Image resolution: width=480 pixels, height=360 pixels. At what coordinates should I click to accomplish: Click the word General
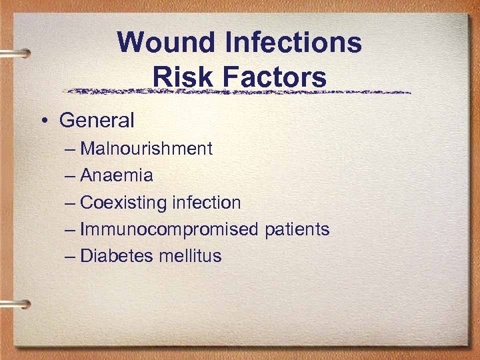coord(97,121)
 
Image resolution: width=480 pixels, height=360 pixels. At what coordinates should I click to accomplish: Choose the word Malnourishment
coord(146,149)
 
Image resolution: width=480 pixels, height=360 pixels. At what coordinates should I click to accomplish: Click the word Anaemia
coord(117,176)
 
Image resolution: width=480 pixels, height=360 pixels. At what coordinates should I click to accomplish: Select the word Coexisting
coord(123,203)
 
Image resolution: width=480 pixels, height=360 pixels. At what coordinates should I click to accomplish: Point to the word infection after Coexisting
coord(206,203)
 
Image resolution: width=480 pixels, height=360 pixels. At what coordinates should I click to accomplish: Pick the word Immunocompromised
coord(169,230)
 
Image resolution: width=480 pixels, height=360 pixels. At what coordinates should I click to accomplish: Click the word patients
coord(297,230)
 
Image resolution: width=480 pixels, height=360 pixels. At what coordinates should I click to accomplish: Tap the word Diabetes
coord(117,256)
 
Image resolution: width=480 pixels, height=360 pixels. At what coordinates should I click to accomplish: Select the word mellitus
coord(190,256)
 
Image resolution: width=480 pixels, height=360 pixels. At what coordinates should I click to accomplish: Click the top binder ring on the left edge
coord(15,53)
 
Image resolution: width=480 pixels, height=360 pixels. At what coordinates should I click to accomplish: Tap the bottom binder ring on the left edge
coord(15,304)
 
